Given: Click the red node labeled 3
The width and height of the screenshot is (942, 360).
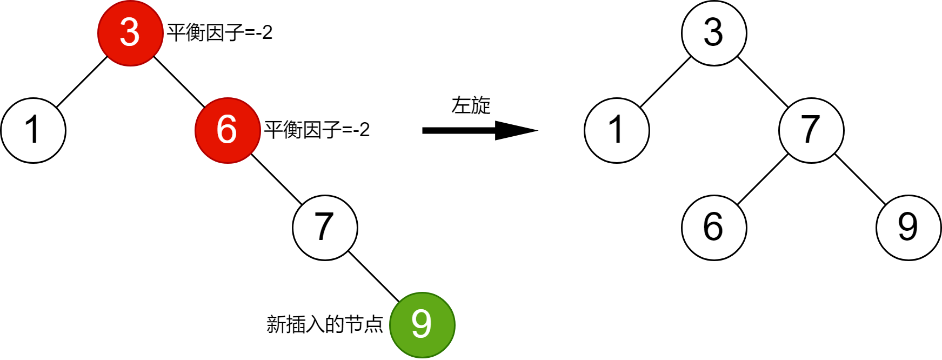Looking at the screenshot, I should (x=130, y=33).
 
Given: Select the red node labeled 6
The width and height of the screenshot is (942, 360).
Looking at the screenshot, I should (x=228, y=130).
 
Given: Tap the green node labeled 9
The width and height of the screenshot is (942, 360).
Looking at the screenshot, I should (x=422, y=325).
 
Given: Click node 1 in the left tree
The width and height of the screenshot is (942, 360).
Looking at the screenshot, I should (x=33, y=130).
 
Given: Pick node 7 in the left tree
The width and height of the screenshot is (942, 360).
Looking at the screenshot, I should (x=325, y=228).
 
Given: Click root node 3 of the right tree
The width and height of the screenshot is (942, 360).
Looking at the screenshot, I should (x=714, y=33).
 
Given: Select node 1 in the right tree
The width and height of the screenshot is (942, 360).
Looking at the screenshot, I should (x=617, y=130).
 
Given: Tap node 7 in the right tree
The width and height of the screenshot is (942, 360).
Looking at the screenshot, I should (x=811, y=130).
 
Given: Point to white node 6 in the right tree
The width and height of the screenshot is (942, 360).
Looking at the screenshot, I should (x=714, y=228).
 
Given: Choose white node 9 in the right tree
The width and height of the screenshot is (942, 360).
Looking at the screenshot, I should (x=908, y=228).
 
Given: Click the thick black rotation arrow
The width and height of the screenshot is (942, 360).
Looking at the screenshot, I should (x=476, y=130).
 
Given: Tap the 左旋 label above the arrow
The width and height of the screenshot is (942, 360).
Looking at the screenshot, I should (x=471, y=105).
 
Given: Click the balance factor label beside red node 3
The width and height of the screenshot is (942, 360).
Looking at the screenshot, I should (x=219, y=33).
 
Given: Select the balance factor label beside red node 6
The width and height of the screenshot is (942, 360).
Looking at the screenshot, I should (x=317, y=130).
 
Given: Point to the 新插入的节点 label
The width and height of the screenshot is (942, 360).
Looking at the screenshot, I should (x=325, y=324).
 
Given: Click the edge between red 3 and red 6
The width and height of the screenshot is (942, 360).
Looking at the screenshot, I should (x=179, y=82).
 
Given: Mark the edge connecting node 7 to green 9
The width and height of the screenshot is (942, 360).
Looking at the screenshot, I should (x=373, y=276).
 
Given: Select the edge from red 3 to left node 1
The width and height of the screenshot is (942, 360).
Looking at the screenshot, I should (x=82, y=82).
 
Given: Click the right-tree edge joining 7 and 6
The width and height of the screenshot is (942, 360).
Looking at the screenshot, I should (x=763, y=179).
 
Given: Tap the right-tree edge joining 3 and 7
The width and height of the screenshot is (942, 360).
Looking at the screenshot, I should (x=763, y=82).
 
